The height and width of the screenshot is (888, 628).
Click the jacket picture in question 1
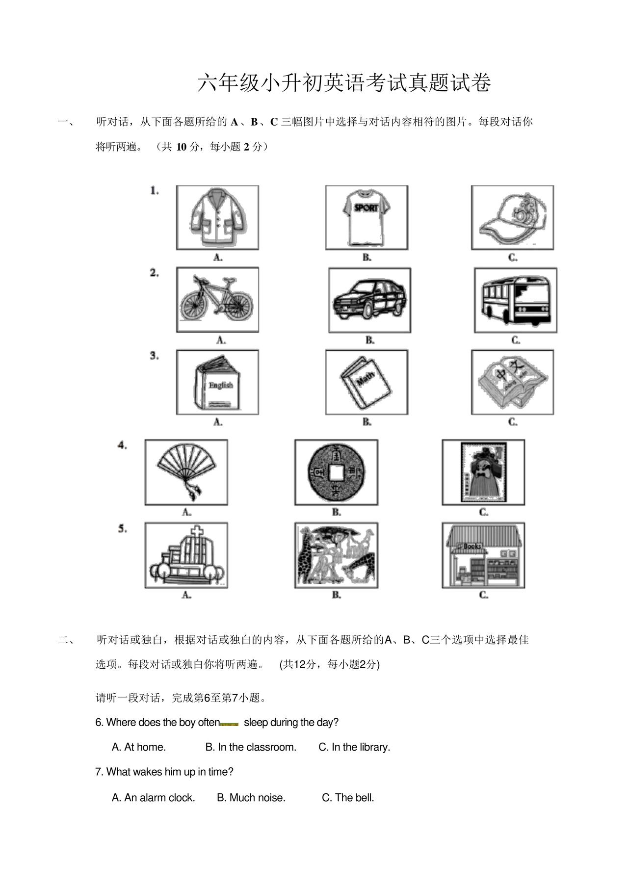(217, 217)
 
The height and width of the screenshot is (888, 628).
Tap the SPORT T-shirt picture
(366, 217)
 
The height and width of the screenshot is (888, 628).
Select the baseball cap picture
(513, 217)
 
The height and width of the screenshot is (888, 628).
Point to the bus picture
(515, 300)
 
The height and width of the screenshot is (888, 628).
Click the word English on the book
(220, 385)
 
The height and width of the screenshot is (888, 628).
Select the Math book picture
(366, 382)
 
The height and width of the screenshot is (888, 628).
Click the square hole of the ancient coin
(336, 472)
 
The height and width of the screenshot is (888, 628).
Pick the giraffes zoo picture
(336, 555)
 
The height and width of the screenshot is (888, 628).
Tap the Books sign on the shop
(471, 546)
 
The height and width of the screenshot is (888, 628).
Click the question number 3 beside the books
(154, 356)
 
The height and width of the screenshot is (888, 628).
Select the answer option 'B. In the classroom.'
(251, 747)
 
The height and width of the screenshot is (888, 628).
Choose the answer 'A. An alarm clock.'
(153, 798)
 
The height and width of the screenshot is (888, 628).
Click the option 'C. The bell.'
(348, 798)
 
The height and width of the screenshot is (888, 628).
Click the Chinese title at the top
(344, 83)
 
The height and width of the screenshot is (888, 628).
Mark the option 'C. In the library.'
(354, 747)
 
